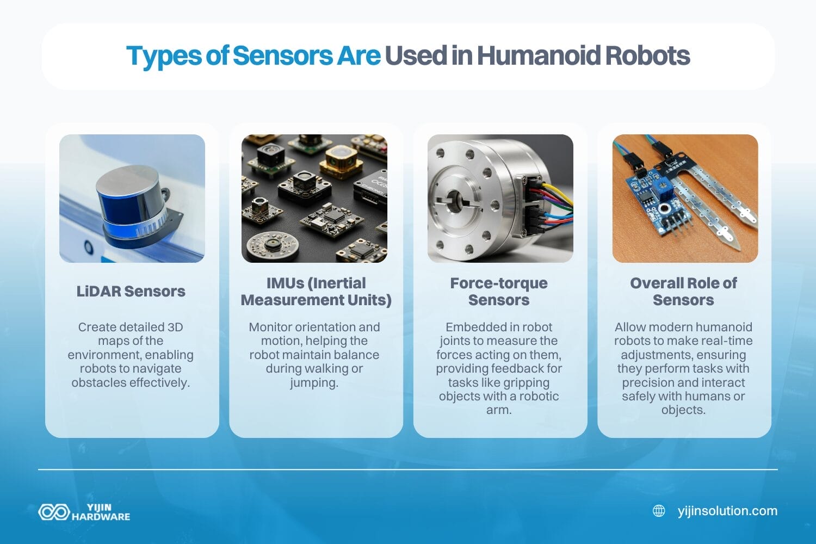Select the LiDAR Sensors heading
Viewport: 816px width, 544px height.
[x=131, y=292]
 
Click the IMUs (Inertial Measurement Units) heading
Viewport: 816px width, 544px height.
[x=316, y=292]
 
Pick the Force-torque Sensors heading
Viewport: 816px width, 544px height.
[x=499, y=292]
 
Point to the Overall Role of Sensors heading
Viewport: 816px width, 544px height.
[x=683, y=292]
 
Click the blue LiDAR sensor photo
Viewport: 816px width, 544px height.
[x=132, y=199]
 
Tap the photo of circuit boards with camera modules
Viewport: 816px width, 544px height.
[x=314, y=199]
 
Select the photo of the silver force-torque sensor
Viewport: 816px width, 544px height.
[x=500, y=199]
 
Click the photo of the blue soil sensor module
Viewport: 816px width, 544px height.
[x=685, y=199]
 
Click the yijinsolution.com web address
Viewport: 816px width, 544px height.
[x=727, y=511]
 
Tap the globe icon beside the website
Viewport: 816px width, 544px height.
[x=659, y=511]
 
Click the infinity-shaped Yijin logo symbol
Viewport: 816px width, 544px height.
[x=53, y=512]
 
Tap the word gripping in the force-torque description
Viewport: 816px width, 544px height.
[x=526, y=382]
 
